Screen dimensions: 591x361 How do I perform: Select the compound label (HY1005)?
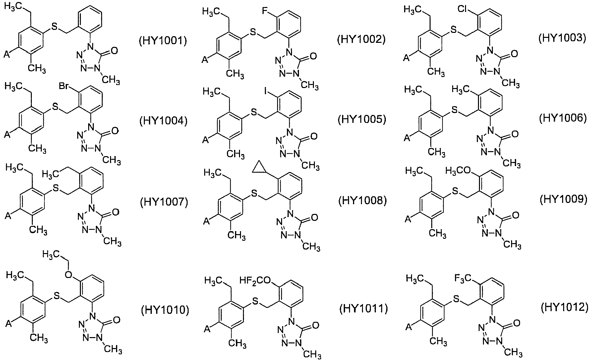pos(362,120)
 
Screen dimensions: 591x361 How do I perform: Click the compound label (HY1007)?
pos(163,202)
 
